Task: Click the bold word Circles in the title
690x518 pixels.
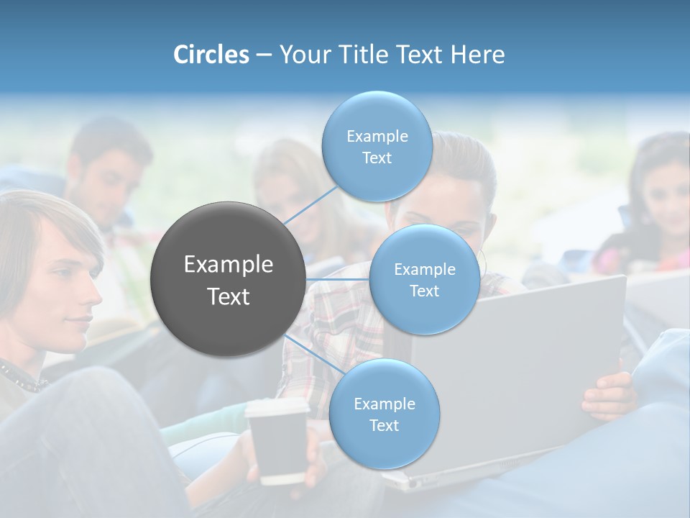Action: tap(211, 55)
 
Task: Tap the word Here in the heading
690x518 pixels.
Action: tap(477, 55)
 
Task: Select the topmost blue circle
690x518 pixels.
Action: tap(377, 147)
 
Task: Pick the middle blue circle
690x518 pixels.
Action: tap(424, 280)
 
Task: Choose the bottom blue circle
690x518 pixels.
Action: tap(384, 414)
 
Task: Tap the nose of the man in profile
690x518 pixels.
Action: tap(95, 296)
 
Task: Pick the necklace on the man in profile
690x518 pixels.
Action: tap(22, 378)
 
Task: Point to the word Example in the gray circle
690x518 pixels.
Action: tap(229, 265)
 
